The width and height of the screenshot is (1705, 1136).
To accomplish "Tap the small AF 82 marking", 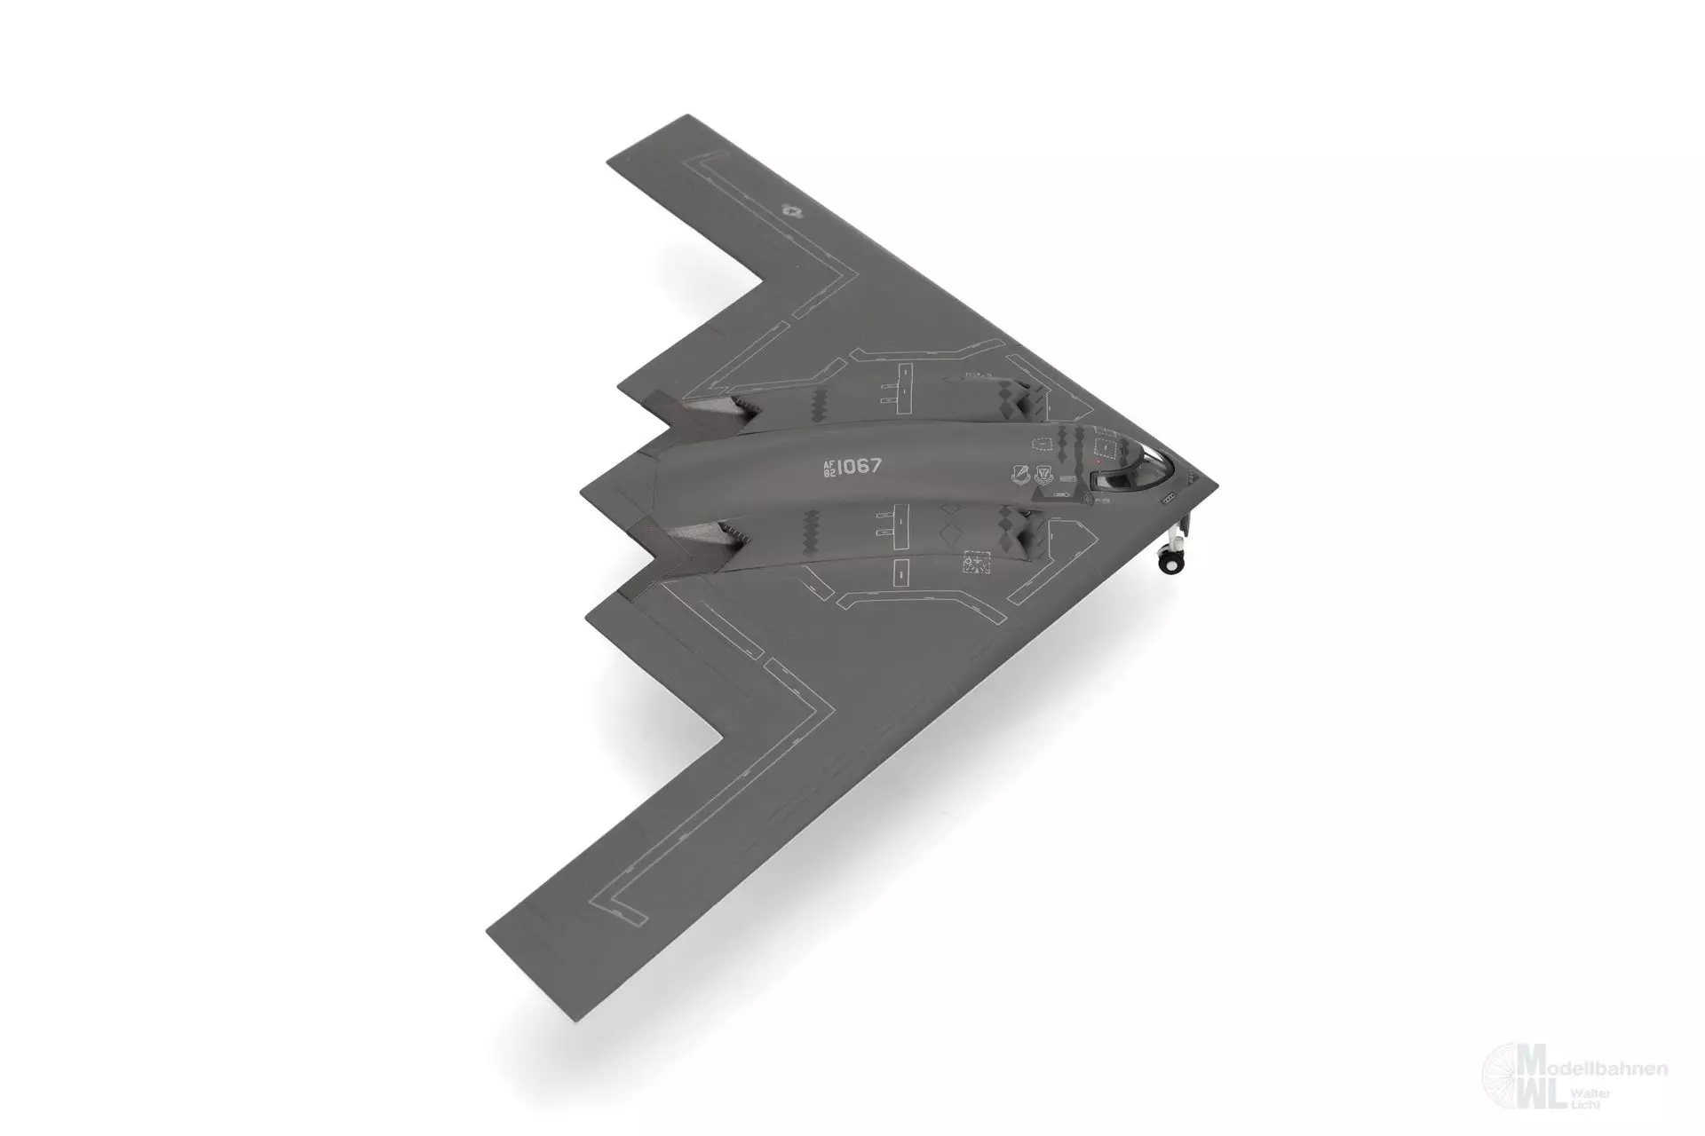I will tap(829, 469).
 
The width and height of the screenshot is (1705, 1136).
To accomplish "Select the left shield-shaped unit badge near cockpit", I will tap(1018, 476).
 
